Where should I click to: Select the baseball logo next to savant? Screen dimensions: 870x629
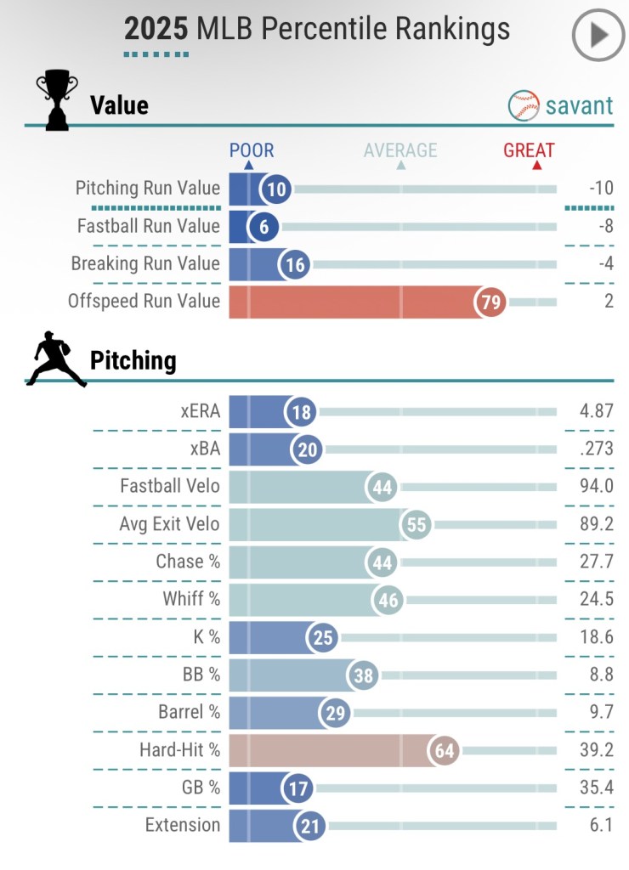[524, 105]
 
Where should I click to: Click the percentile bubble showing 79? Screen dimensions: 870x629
[491, 302]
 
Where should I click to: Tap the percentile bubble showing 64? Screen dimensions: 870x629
[445, 750]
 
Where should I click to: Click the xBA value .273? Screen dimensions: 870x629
[596, 449]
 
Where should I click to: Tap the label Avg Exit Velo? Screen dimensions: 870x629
[169, 524]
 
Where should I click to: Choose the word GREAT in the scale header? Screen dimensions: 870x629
[529, 151]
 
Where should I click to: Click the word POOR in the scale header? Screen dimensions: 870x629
[252, 151]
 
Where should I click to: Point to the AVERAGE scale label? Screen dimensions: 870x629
[400, 151]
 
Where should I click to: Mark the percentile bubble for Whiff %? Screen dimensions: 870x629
[388, 601]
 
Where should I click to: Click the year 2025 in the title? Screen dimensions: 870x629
[156, 29]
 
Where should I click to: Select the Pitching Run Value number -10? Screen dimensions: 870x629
[600, 189]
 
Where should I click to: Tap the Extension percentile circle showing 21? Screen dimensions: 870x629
[309, 825]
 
